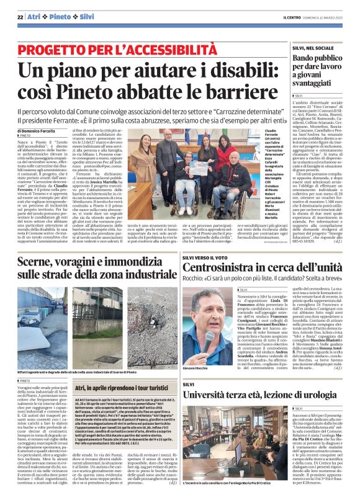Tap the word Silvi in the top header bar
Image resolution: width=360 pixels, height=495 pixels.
point(86,17)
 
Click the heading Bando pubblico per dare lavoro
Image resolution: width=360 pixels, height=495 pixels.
point(314,63)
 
